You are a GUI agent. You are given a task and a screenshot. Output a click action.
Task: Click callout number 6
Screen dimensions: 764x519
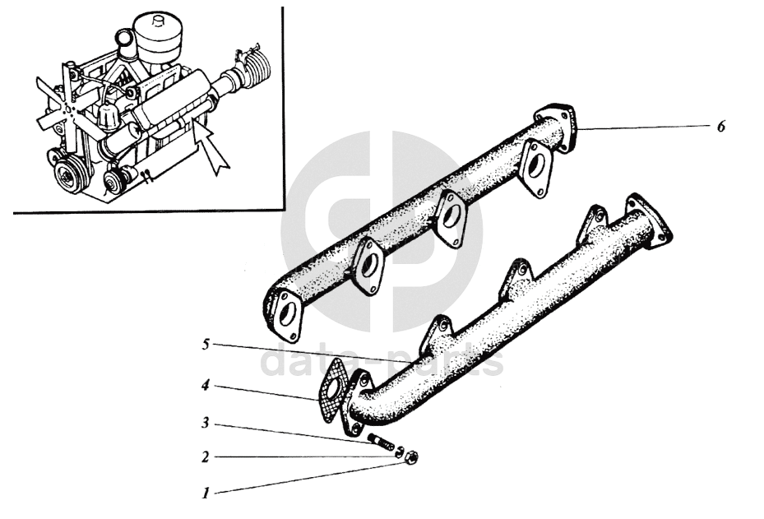click(x=721, y=126)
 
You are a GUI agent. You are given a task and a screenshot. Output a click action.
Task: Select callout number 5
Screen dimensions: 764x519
click(x=206, y=345)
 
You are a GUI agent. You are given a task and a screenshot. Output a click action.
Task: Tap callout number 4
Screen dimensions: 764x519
click(x=206, y=386)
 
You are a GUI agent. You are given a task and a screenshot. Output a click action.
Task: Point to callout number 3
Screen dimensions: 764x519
click(x=206, y=423)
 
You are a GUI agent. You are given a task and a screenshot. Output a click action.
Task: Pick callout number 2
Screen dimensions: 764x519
click(x=206, y=457)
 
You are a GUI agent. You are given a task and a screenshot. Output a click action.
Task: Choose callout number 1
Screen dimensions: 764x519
click(x=206, y=493)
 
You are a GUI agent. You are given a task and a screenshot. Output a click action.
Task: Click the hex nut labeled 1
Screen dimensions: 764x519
click(x=411, y=457)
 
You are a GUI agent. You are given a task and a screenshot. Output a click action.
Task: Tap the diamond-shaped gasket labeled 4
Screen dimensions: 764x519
click(x=331, y=391)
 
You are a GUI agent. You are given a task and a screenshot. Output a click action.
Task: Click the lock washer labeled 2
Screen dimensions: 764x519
click(x=399, y=452)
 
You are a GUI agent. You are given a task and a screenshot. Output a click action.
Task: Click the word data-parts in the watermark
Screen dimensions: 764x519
click(x=382, y=361)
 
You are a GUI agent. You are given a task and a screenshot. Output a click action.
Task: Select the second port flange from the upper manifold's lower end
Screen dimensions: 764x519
click(x=369, y=266)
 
